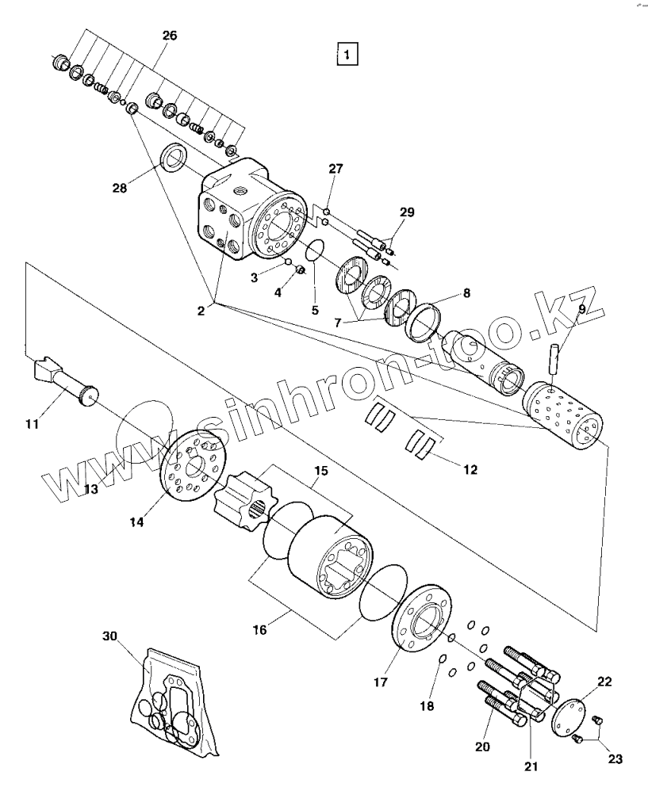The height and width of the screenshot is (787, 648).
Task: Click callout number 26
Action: click(170, 36)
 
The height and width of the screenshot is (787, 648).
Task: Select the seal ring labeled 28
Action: click(174, 157)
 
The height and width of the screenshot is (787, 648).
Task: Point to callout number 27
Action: click(336, 169)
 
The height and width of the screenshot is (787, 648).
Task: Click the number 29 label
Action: click(406, 212)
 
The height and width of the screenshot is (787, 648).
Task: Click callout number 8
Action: click(466, 293)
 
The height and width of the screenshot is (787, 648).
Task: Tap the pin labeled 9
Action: click(556, 350)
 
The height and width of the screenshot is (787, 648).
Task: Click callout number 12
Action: click(470, 469)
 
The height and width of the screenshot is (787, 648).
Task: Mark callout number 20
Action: click(482, 746)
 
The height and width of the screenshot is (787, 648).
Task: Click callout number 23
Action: click(616, 758)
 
